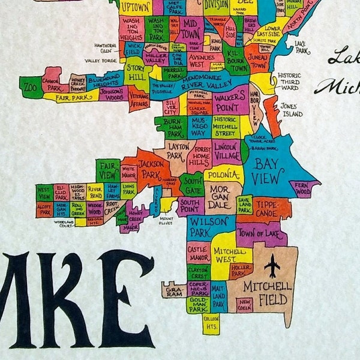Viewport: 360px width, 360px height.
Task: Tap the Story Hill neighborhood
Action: (x=137, y=76)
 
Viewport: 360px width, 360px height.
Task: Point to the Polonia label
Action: (x=223, y=175)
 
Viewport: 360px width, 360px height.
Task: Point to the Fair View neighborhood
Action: (x=108, y=169)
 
